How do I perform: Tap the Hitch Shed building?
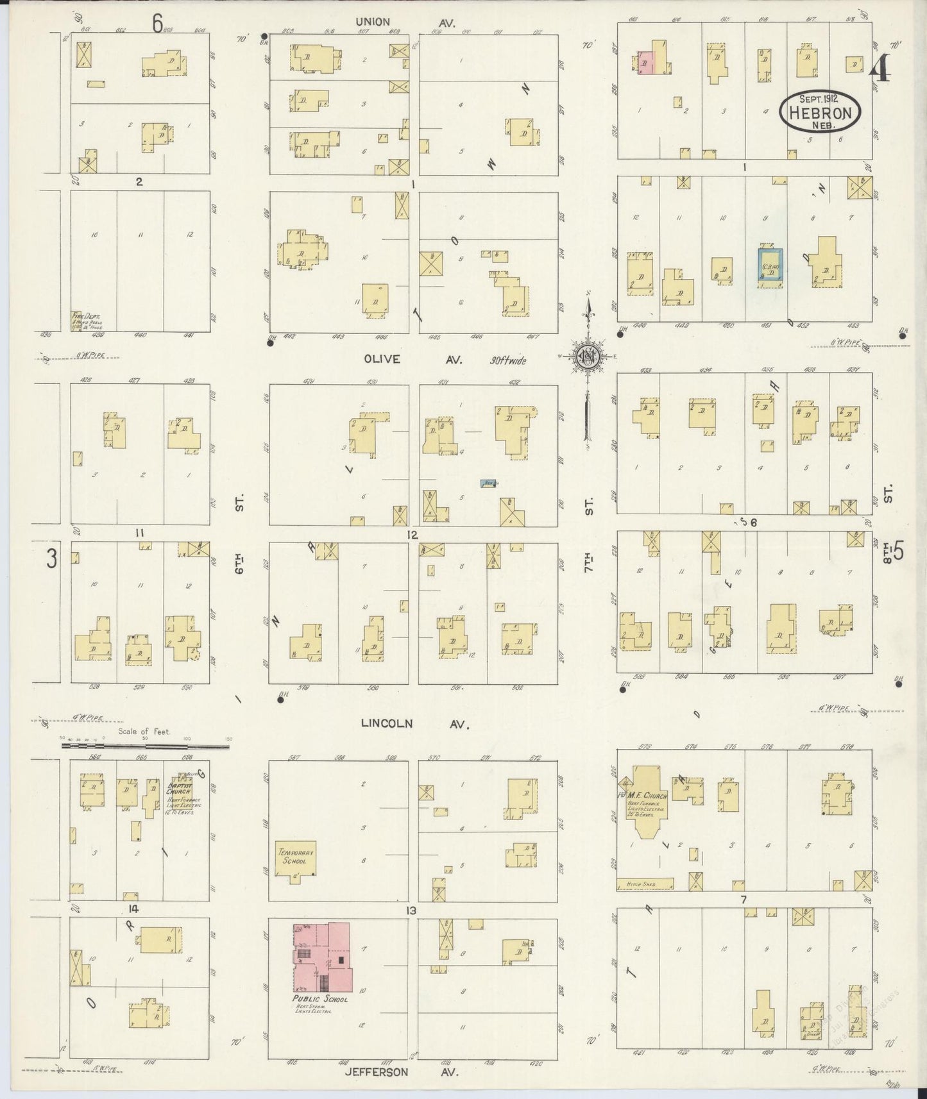pyautogui.click(x=645, y=884)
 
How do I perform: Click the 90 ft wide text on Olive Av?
pyautogui.click(x=506, y=360)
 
